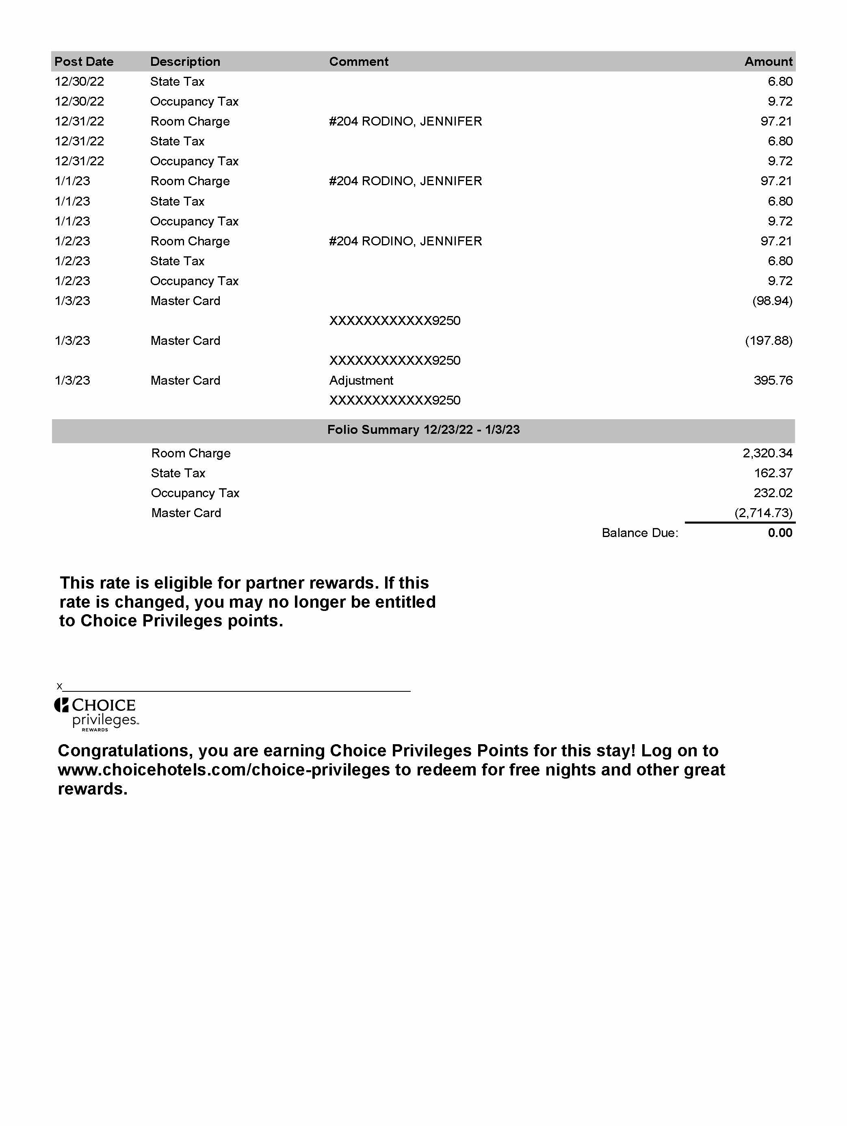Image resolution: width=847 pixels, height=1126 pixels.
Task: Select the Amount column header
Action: tap(768, 62)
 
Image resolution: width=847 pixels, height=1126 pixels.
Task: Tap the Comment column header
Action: tap(358, 62)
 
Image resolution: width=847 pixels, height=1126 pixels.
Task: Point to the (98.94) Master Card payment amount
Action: tap(772, 301)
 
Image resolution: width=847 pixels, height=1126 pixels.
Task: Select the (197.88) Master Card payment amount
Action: tap(768, 340)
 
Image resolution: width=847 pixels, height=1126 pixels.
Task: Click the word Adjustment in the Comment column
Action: tap(361, 380)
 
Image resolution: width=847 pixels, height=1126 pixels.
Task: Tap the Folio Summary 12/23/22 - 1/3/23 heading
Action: tap(423, 430)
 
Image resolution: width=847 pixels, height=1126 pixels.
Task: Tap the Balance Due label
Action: tap(639, 533)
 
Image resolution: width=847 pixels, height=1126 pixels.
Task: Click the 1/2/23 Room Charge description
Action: tap(190, 241)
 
